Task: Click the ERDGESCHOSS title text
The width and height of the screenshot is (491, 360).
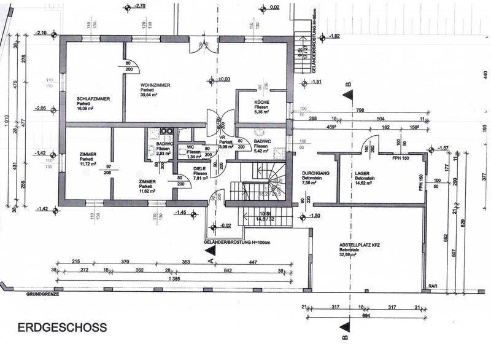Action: pos(62,327)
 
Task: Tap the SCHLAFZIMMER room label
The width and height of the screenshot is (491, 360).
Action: pos(93,98)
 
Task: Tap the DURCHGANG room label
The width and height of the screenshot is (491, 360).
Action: pos(316,174)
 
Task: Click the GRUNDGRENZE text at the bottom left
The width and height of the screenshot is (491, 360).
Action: pos(41,294)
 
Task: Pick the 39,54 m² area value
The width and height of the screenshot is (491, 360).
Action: pos(150,95)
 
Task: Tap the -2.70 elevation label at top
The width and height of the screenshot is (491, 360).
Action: pos(139,6)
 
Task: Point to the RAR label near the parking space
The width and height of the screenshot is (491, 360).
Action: pos(433,285)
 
